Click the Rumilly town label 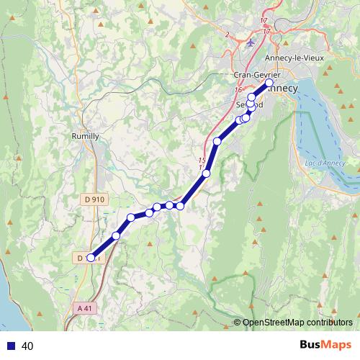pyautogui.click(x=86, y=135)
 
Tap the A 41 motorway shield pyautogui.click(x=84, y=307)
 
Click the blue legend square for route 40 pyautogui.click(x=10, y=346)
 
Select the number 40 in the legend pyautogui.click(x=28, y=346)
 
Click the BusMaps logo pyautogui.click(x=325, y=346)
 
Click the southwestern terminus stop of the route pyautogui.click(x=91, y=257)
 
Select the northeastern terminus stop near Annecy pyautogui.click(x=269, y=84)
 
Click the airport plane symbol pyautogui.click(x=251, y=42)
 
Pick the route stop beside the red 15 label pyautogui.click(x=207, y=173)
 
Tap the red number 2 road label pyautogui.click(x=226, y=34)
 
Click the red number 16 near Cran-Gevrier pyautogui.click(x=238, y=90)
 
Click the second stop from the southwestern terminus pyautogui.click(x=116, y=235)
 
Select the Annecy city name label pyautogui.click(x=283, y=89)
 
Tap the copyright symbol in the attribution pyautogui.click(x=237, y=323)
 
